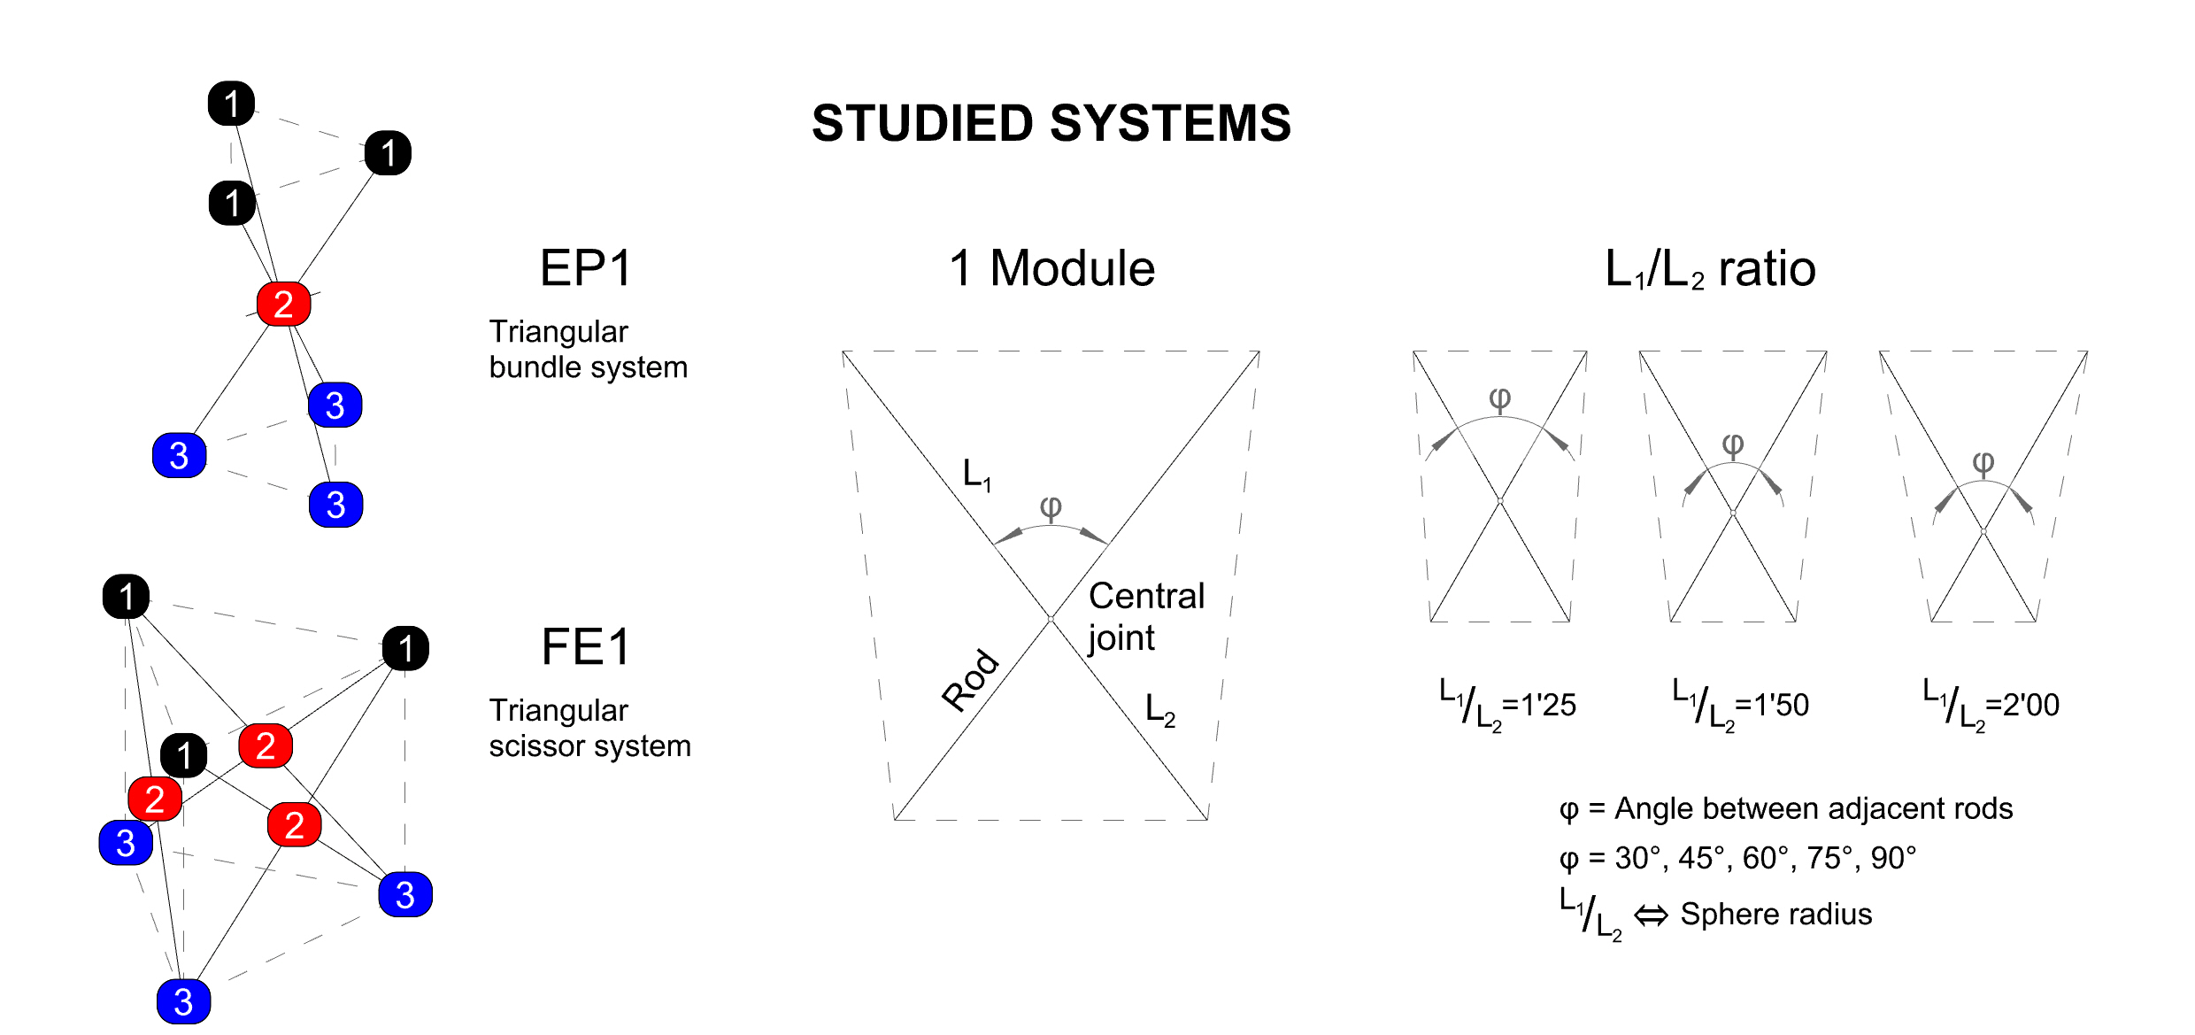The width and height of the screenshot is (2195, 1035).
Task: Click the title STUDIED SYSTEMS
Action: coord(1051,123)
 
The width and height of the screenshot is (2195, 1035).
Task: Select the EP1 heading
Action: coord(586,268)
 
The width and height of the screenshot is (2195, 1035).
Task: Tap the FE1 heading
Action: coord(586,647)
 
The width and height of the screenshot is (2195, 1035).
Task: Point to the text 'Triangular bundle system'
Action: coord(588,349)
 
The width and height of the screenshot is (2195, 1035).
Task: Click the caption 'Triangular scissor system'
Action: coord(589,728)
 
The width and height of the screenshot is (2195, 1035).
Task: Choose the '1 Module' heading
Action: coord(1051,268)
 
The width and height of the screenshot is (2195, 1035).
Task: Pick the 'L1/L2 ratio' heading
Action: coord(1710,269)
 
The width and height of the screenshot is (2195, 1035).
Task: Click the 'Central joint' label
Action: coord(1145,616)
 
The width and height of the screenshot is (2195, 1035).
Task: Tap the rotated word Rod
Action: coord(970,680)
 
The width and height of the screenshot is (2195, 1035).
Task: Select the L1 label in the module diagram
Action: coord(976,475)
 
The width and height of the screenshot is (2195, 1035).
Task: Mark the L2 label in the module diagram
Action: coord(1159,709)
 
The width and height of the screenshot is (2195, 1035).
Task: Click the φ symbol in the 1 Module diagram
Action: coord(1051,507)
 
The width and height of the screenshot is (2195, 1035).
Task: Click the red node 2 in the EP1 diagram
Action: coord(283,305)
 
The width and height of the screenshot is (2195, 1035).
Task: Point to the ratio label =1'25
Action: coord(1539,705)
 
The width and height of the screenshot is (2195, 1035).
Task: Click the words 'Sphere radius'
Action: coord(1775,914)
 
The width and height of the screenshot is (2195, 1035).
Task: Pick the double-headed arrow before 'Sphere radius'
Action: coord(1651,915)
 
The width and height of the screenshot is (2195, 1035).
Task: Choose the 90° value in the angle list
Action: coord(1893,858)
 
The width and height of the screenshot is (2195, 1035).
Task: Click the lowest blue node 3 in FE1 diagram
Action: coord(183,1001)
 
